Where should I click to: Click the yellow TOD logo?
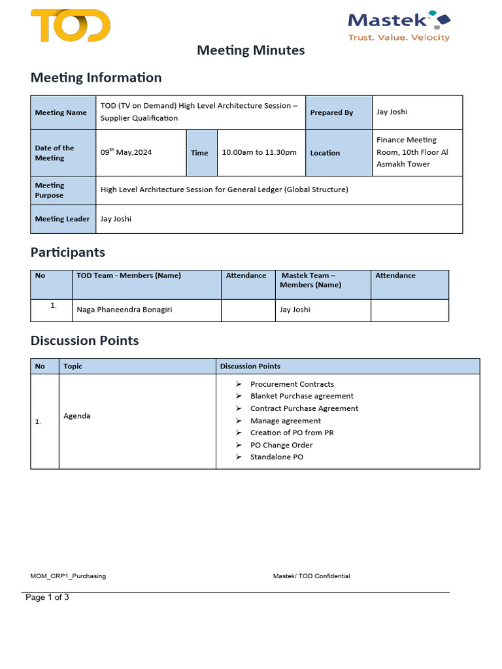click(71, 25)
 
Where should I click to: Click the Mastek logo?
click(399, 26)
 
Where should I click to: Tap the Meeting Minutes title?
click(251, 50)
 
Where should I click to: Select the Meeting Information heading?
click(96, 78)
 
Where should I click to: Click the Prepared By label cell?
click(331, 112)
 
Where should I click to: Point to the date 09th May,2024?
click(126, 152)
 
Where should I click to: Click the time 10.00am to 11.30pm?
click(259, 152)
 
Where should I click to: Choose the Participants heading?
click(68, 252)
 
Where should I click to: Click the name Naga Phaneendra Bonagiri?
click(124, 310)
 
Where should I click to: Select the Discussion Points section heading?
click(85, 340)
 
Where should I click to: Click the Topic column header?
click(73, 367)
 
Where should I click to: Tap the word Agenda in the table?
click(77, 416)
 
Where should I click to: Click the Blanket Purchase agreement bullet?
click(301, 396)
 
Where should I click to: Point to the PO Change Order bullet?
click(281, 445)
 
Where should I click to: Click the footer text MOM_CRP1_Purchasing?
click(68, 576)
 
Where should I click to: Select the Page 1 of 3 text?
click(48, 597)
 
